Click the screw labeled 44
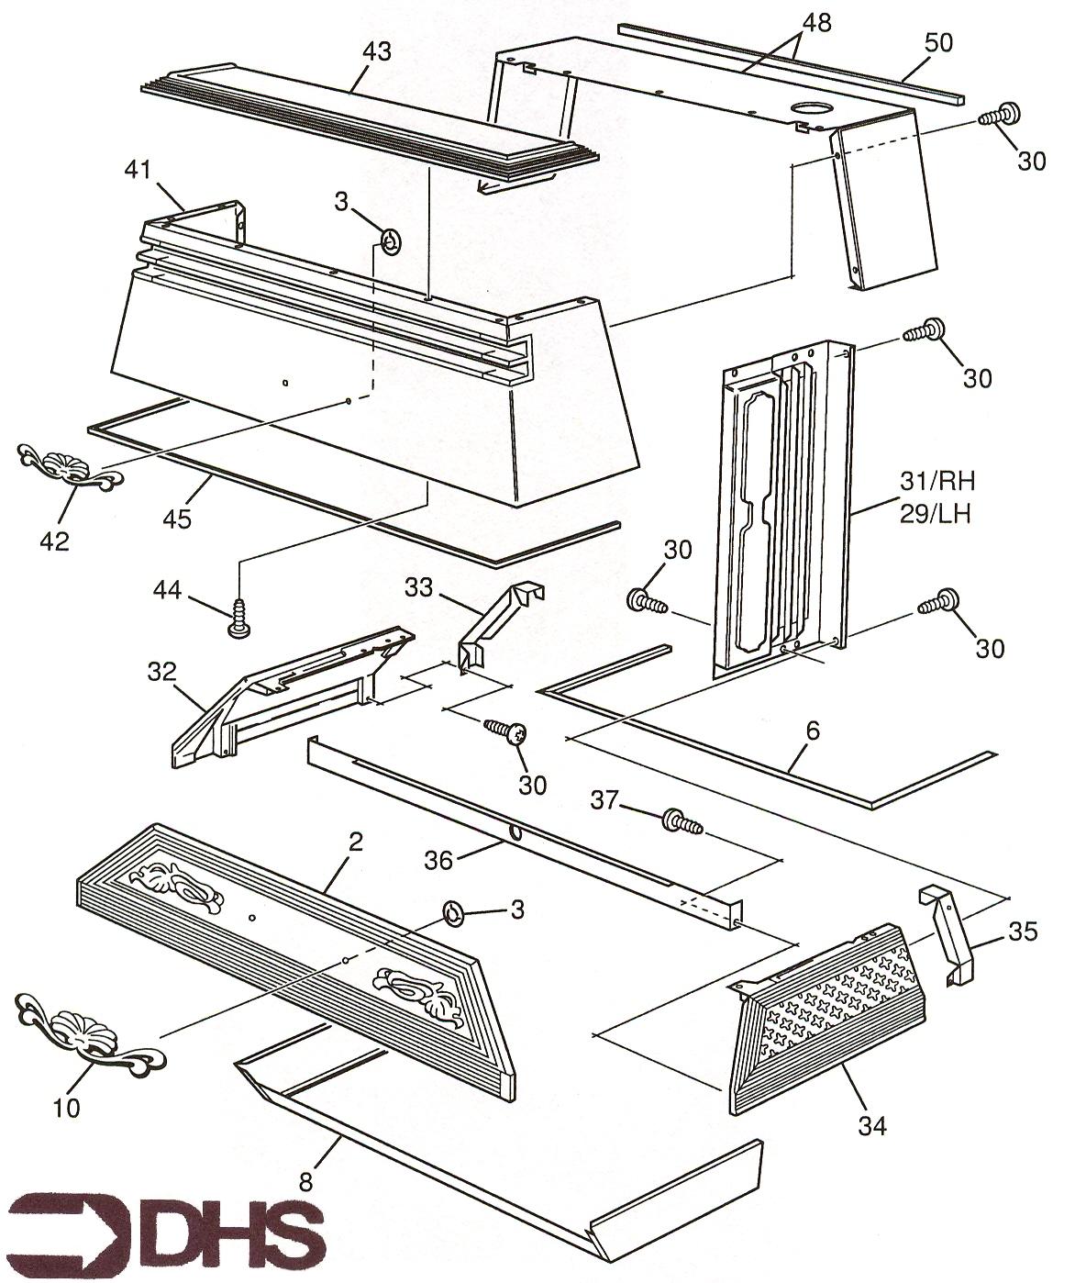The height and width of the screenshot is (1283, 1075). click(238, 617)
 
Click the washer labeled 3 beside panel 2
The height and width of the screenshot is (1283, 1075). click(453, 912)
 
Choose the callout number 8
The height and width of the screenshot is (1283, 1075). click(306, 1183)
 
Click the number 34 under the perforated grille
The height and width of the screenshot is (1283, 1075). click(873, 1123)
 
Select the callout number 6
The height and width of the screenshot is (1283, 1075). click(813, 732)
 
